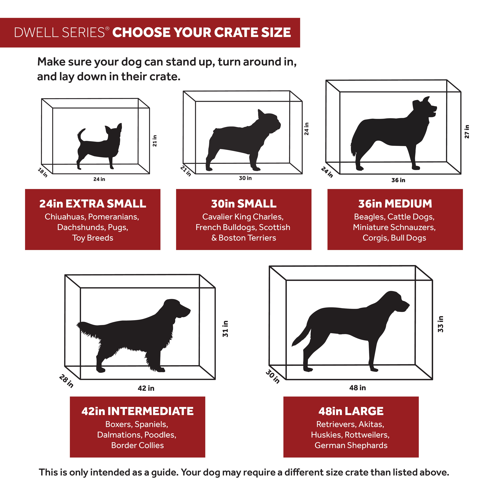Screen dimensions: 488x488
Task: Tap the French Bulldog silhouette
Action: pos(240,141)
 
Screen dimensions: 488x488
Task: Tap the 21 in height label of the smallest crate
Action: pos(155,141)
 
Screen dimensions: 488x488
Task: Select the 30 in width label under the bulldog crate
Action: pos(245,178)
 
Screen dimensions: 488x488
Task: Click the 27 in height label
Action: pos(467,132)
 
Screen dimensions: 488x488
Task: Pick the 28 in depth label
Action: pos(66,381)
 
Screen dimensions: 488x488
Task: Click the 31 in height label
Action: pos(225,329)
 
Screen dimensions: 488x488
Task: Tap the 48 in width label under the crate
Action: pos(357,388)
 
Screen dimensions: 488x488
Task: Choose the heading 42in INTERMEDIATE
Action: pos(137,411)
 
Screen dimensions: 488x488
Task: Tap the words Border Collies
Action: pos(137,445)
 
